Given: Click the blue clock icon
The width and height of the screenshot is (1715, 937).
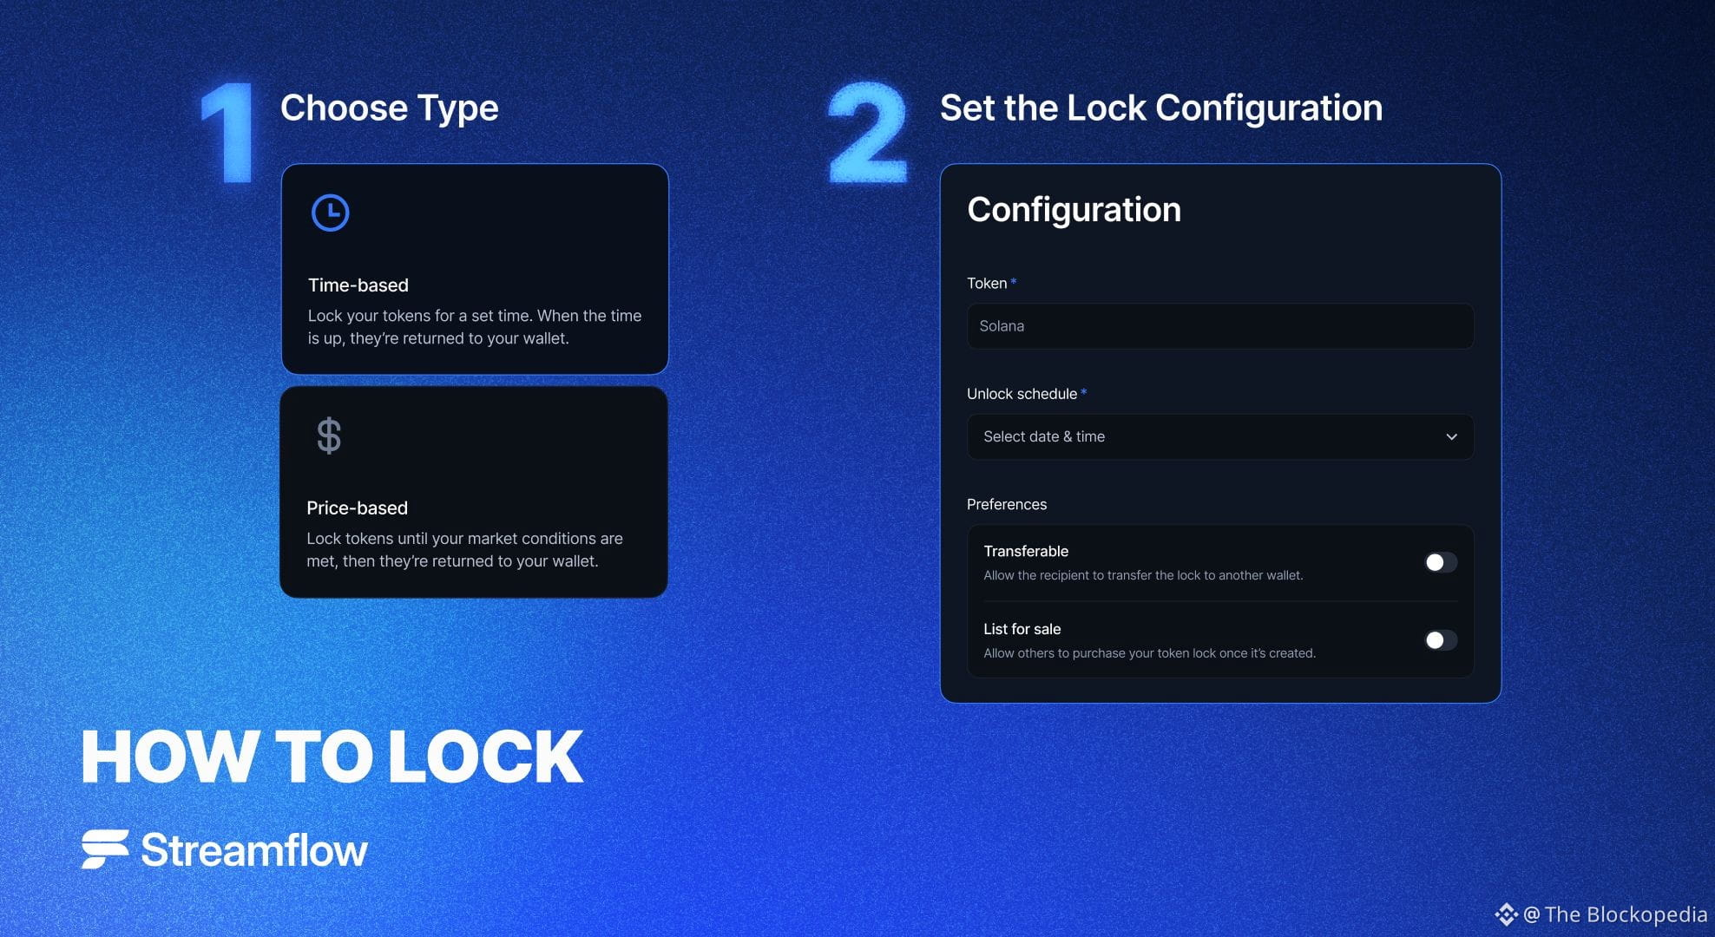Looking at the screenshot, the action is [330, 213].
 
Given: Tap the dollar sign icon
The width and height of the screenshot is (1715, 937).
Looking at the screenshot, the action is [329, 436].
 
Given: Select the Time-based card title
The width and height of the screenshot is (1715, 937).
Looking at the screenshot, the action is [358, 285].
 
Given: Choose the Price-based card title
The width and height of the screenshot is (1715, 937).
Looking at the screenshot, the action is [357, 508].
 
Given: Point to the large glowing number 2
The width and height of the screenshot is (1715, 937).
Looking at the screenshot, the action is [867, 133].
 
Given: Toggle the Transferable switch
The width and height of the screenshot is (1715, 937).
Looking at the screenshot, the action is [1441, 562].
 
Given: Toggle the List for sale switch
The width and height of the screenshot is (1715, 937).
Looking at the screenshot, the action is [1441, 640].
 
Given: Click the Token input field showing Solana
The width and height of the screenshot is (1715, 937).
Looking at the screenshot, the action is [1220, 326].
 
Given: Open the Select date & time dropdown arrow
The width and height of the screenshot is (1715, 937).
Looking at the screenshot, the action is [1451, 436].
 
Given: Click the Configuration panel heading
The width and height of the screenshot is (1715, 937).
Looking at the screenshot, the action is [1074, 210].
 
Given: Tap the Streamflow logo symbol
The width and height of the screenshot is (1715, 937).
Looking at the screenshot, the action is [105, 849].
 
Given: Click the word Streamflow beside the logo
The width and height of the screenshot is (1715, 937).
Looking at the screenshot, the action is [254, 850].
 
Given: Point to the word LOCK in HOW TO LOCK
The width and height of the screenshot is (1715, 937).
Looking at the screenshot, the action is [485, 757].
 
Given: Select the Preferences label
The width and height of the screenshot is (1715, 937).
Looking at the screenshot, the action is [1007, 505].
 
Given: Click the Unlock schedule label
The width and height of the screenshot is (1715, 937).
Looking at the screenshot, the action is [1022, 394].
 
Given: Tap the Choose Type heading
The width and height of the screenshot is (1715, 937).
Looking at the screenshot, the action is [389, 108].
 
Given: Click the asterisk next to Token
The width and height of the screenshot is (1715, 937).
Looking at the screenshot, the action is [1014, 281].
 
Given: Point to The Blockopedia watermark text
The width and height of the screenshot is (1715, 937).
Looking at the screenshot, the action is [1626, 914].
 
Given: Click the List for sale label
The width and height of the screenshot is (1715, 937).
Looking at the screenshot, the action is [1022, 629].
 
